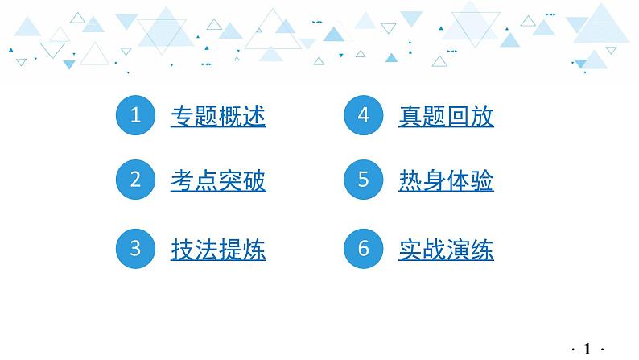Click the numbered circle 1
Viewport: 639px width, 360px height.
pyautogui.click(x=135, y=116)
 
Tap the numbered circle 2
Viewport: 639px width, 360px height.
pyautogui.click(x=135, y=180)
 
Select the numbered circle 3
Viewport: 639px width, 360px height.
pyautogui.click(x=135, y=249)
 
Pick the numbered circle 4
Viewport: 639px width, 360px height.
pyautogui.click(x=363, y=116)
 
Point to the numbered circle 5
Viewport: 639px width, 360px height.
pyautogui.click(x=363, y=180)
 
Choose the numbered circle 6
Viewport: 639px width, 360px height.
pyautogui.click(x=363, y=249)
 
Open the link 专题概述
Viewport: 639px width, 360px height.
pyautogui.click(x=218, y=117)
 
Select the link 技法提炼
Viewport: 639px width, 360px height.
pyautogui.click(x=218, y=250)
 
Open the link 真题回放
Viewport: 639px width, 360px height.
pyautogui.click(x=446, y=117)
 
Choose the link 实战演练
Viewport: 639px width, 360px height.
pyautogui.click(x=446, y=250)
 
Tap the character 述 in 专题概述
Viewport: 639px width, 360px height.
pyautogui.click(x=254, y=117)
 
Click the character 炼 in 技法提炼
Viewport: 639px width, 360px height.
pyautogui.click(x=254, y=250)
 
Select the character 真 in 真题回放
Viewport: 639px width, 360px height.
pyautogui.click(x=410, y=117)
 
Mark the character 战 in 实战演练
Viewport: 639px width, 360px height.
pyautogui.click(x=434, y=250)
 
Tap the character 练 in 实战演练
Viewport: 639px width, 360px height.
pyautogui.click(x=482, y=250)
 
